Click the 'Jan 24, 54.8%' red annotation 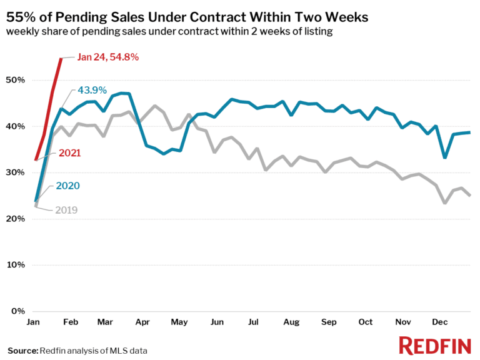tap(107, 57)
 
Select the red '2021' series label tap(69, 152)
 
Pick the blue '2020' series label tap(67, 186)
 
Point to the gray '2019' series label tap(66, 210)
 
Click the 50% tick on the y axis tap(16, 80)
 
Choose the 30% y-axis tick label tap(16, 172)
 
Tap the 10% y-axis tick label tap(16, 264)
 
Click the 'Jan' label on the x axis tap(35, 322)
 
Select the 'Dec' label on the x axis tap(441, 322)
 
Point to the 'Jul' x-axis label tap(254, 322)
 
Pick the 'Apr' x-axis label tap(142, 322)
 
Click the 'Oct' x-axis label tap(366, 322)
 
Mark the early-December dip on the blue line tap(444, 157)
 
